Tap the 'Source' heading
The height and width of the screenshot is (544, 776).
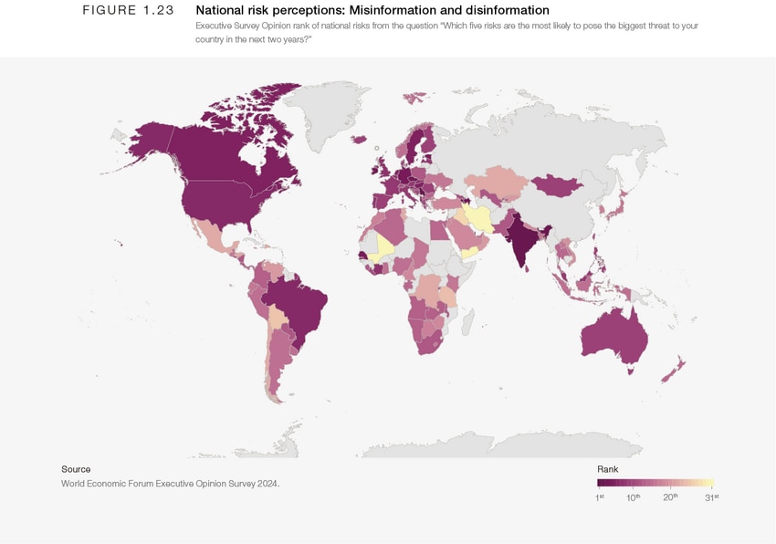pyautogui.click(x=76, y=469)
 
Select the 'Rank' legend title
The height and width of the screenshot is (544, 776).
pyautogui.click(x=607, y=468)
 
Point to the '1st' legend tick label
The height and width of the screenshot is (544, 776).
pyautogui.click(x=600, y=497)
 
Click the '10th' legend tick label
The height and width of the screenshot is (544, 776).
pyautogui.click(x=633, y=497)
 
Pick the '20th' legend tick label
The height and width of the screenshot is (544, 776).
pyautogui.click(x=669, y=497)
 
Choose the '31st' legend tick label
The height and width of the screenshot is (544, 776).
pyautogui.click(x=711, y=497)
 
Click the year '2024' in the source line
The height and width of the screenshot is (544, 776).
pyautogui.click(x=266, y=484)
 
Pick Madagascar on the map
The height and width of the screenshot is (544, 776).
pyautogui.click(x=468, y=320)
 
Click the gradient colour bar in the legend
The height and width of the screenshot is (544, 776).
pyautogui.click(x=655, y=484)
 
